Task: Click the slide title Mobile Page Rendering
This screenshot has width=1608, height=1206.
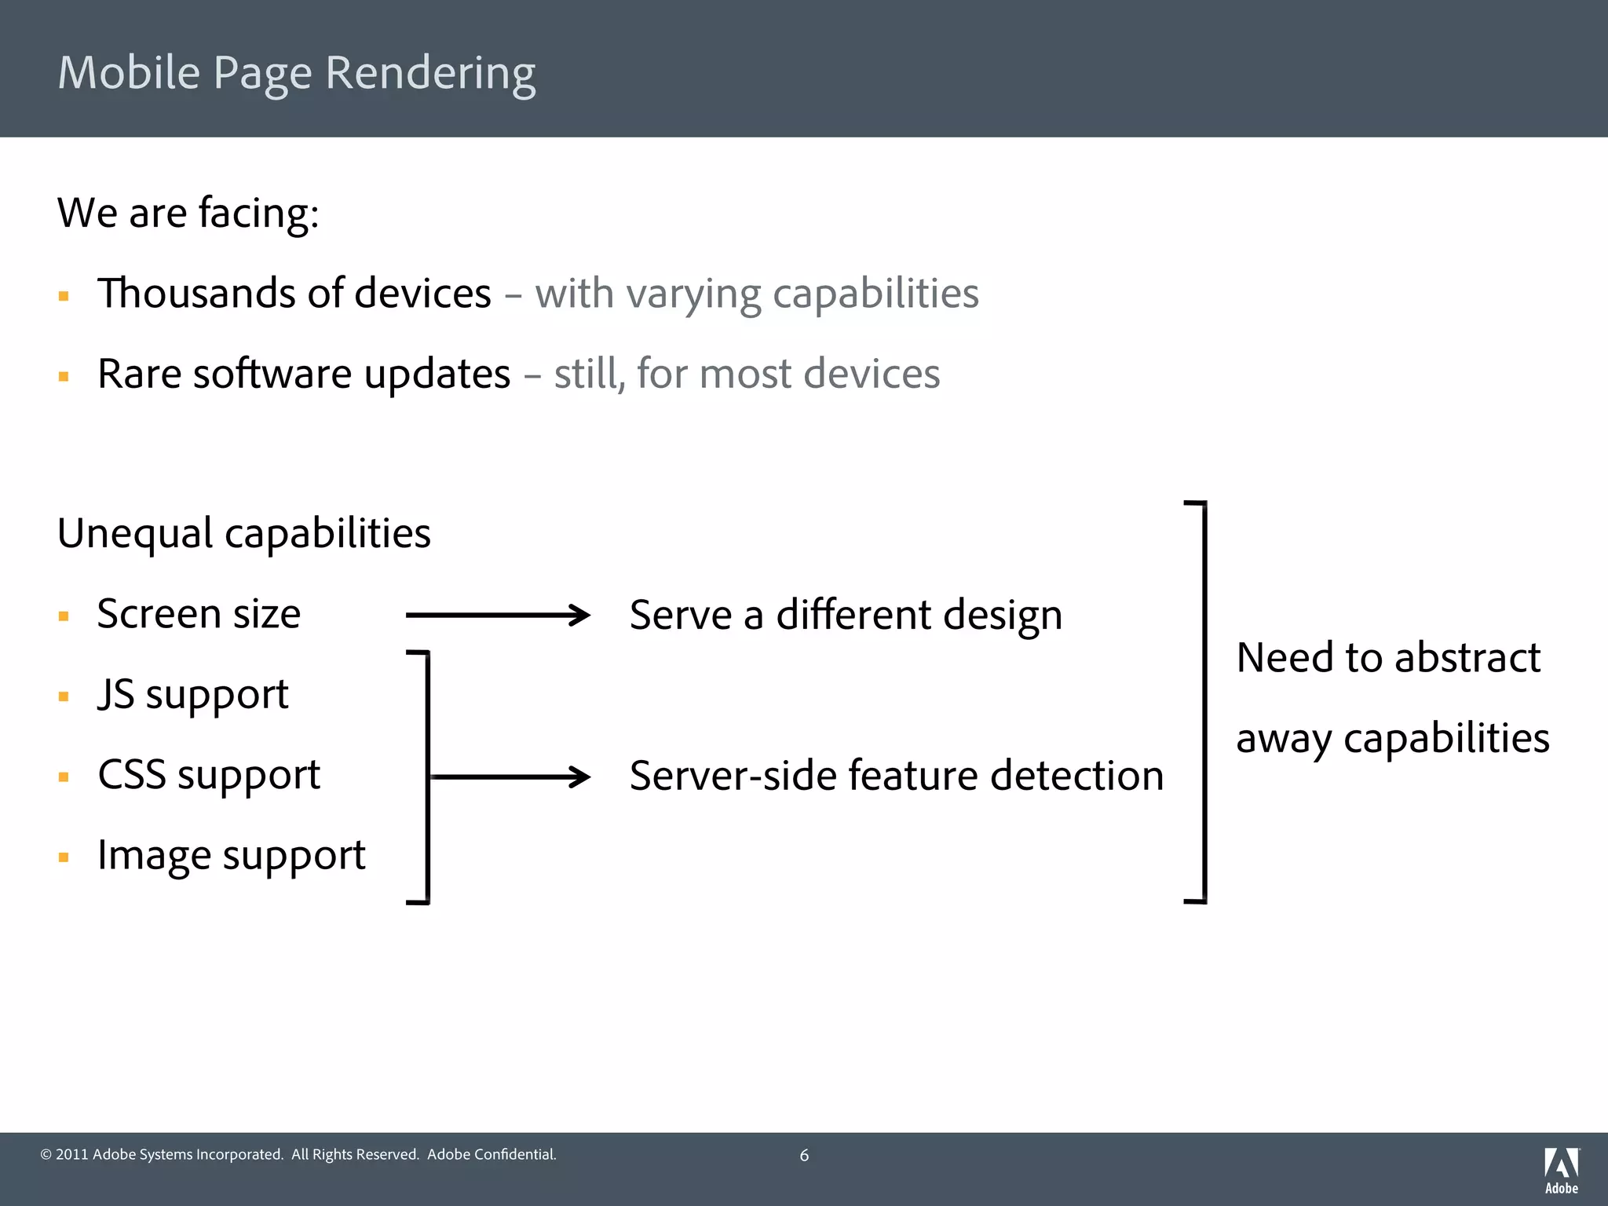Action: [x=297, y=73]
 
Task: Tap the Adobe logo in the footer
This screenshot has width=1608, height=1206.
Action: [x=1562, y=1170]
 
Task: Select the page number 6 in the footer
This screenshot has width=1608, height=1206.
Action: [x=804, y=1155]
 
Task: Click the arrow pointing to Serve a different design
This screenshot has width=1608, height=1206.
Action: [x=498, y=615]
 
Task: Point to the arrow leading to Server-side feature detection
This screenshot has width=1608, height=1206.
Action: [x=510, y=777]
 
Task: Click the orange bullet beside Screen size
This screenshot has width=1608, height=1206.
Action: [x=64, y=616]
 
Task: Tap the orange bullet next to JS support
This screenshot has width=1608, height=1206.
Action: [x=64, y=696]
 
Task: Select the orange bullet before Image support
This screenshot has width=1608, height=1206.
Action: [x=64, y=857]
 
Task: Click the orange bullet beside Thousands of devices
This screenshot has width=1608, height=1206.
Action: [x=64, y=296]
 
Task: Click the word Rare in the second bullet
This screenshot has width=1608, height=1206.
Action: [x=138, y=374]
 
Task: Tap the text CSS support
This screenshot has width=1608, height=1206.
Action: [x=209, y=776]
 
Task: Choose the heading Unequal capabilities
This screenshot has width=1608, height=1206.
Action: [x=244, y=534]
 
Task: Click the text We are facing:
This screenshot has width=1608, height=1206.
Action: [x=188, y=213]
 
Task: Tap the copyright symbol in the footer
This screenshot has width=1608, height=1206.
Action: [x=46, y=1155]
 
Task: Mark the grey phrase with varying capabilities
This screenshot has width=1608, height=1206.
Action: [x=757, y=294]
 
